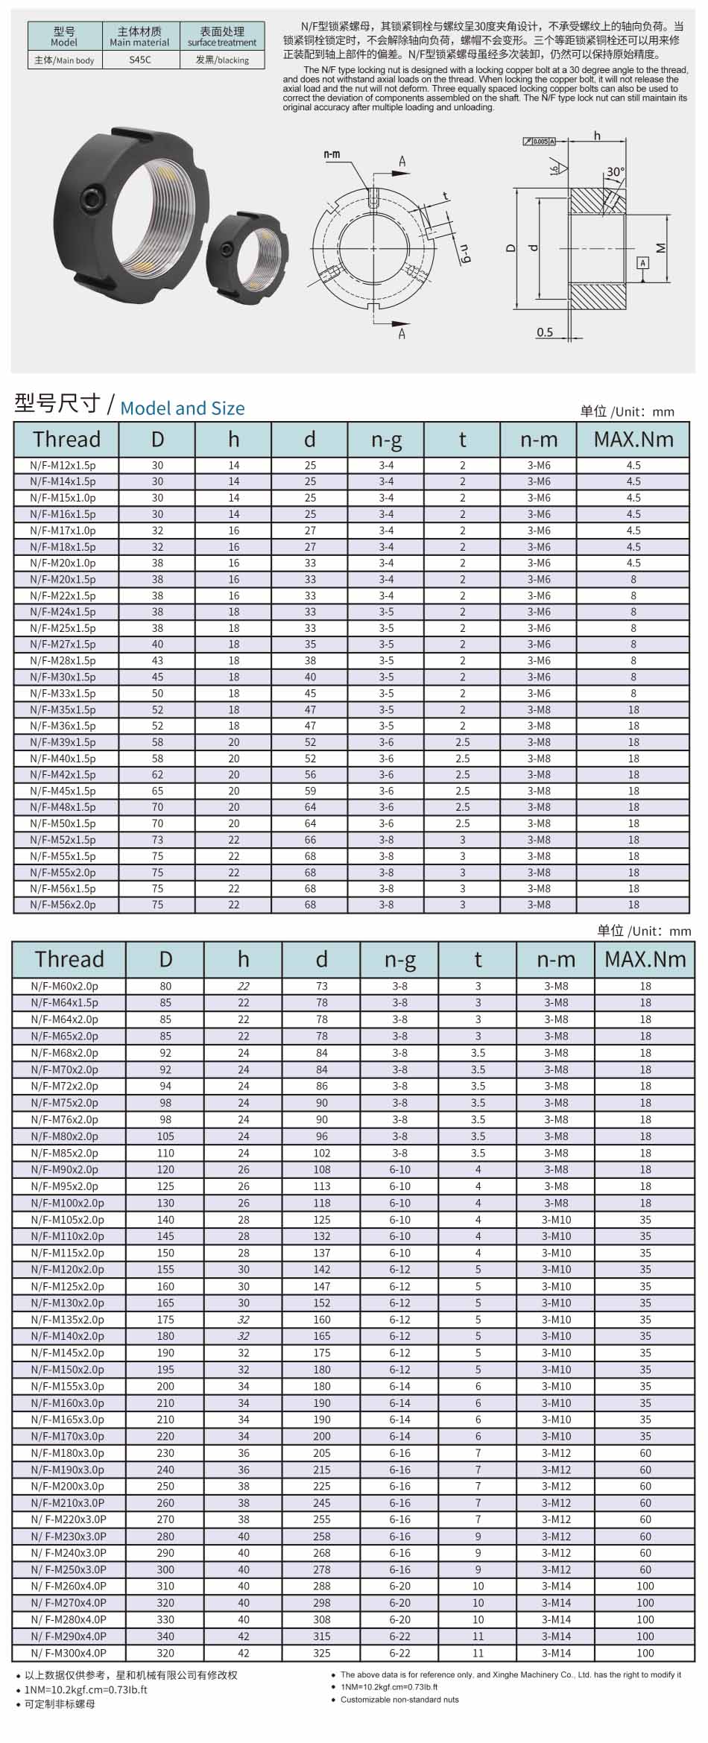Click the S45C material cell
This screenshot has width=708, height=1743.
click(139, 60)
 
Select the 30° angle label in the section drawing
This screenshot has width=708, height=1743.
click(615, 171)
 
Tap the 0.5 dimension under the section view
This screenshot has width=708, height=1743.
click(545, 332)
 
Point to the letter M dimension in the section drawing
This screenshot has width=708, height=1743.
click(660, 248)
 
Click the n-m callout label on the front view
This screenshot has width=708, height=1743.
click(332, 154)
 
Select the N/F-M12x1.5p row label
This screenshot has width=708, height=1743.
click(63, 465)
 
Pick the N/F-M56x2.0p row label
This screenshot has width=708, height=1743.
click(63, 905)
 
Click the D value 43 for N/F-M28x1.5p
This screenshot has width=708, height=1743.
click(157, 660)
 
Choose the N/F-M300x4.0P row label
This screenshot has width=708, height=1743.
click(69, 1653)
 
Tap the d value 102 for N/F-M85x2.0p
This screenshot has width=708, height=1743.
click(321, 1153)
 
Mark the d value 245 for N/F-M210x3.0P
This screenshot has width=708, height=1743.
click(321, 1503)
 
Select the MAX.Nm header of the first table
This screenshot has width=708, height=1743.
click(633, 440)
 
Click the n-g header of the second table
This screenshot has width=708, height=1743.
click(399, 959)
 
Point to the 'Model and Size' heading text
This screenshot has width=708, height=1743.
click(182, 408)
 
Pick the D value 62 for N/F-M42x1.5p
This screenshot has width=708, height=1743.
click(157, 774)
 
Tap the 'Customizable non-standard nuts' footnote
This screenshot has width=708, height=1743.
click(399, 1700)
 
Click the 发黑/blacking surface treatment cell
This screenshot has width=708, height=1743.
click(222, 60)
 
